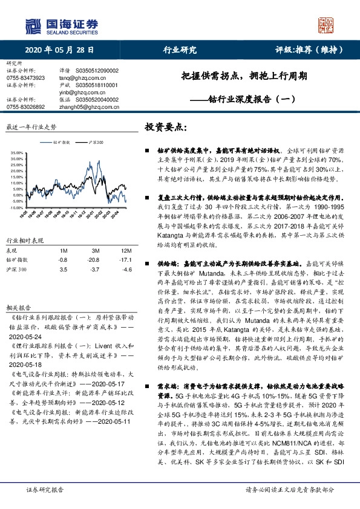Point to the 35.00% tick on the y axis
coord(16,153)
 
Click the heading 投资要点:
coord(167,128)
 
